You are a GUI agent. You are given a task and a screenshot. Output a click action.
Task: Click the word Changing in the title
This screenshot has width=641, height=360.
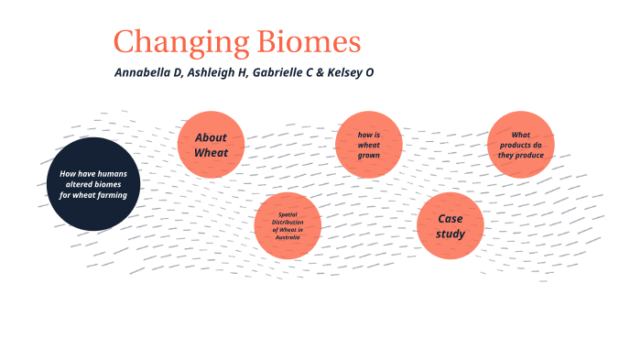pyautogui.click(x=170, y=42)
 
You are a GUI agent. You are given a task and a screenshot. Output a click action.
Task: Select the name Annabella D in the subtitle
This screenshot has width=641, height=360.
pyautogui.click(x=148, y=72)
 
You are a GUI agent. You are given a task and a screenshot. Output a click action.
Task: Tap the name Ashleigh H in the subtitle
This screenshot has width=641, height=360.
pyautogui.click(x=218, y=72)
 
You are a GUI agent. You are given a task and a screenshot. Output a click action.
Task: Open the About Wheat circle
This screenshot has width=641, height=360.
pyautogui.click(x=211, y=145)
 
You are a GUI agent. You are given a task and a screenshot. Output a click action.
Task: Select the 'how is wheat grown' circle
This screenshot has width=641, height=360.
pyautogui.click(x=369, y=145)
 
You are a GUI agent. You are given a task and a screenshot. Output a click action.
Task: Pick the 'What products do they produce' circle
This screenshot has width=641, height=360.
pyautogui.click(x=521, y=145)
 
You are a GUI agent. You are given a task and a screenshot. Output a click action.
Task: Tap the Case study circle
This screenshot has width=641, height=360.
pyautogui.click(x=451, y=225)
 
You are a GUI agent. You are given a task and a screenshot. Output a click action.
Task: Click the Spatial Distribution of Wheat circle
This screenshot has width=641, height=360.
pyautogui.click(x=288, y=225)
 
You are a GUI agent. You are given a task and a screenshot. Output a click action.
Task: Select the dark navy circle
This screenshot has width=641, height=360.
pyautogui.click(x=92, y=184)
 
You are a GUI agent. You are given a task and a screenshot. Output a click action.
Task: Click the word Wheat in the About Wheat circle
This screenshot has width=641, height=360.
pyautogui.click(x=211, y=152)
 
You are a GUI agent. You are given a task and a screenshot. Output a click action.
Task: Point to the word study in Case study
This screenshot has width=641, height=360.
pyautogui.click(x=451, y=234)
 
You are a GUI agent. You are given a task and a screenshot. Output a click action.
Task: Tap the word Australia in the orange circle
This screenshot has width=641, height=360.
pyautogui.click(x=288, y=236)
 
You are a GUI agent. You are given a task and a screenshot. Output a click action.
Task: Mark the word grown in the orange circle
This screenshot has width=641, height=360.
pyautogui.click(x=369, y=155)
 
